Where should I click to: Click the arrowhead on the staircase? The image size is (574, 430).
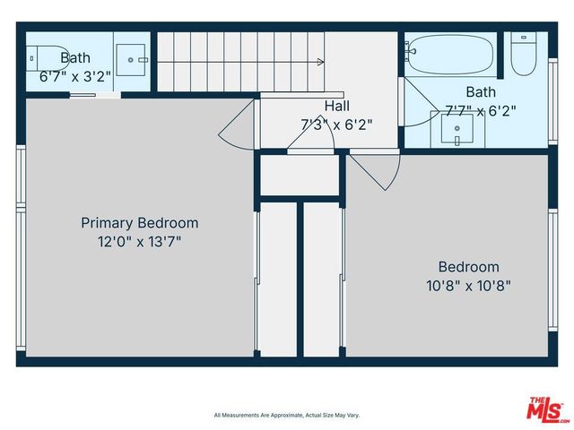[319, 62]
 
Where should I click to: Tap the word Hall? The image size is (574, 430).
[337, 106]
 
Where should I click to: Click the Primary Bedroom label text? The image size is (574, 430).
[139, 223]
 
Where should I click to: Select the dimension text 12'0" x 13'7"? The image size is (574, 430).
[139, 241]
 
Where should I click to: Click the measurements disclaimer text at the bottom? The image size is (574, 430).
[286, 415]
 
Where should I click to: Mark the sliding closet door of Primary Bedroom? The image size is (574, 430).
[257, 279]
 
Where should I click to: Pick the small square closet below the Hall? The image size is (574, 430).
[299, 176]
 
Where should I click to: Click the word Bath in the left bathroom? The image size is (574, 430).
[75, 58]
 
